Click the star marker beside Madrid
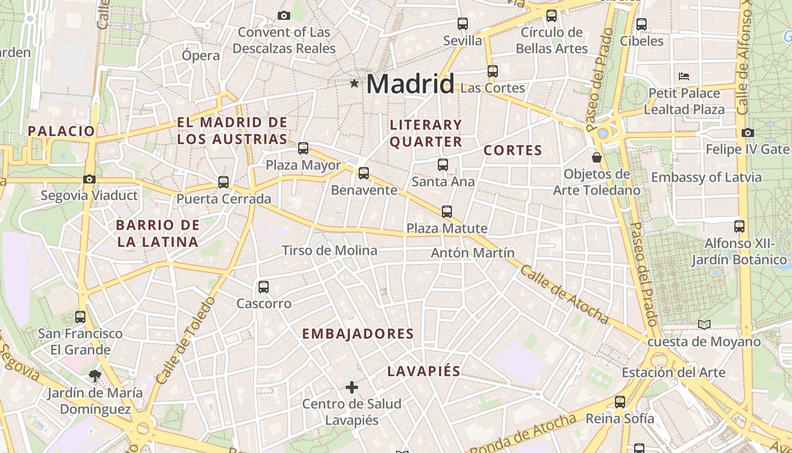pyautogui.click(x=355, y=84)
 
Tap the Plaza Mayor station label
pyautogui.click(x=303, y=165)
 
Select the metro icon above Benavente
pyautogui.click(x=364, y=173)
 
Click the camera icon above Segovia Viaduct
pyautogui.click(x=89, y=179)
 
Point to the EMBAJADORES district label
pyautogui.click(x=358, y=334)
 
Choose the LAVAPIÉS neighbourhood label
pyautogui.click(x=424, y=371)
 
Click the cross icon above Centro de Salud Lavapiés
pyautogui.click(x=352, y=387)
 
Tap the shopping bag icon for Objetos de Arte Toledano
pyautogui.click(x=596, y=157)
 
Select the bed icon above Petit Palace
pyautogui.click(x=684, y=76)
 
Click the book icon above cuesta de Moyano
pyautogui.click(x=704, y=324)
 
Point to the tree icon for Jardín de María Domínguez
pyautogui.click(x=95, y=375)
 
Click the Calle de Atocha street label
pyautogui.click(x=564, y=294)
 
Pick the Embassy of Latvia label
pyautogui.click(x=707, y=177)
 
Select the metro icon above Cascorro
pyautogui.click(x=264, y=287)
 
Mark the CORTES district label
pyautogui.click(x=513, y=151)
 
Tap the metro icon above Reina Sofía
pyautogui.click(x=620, y=402)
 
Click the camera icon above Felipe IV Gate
pyautogui.click(x=748, y=133)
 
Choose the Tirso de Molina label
pyautogui.click(x=329, y=250)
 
